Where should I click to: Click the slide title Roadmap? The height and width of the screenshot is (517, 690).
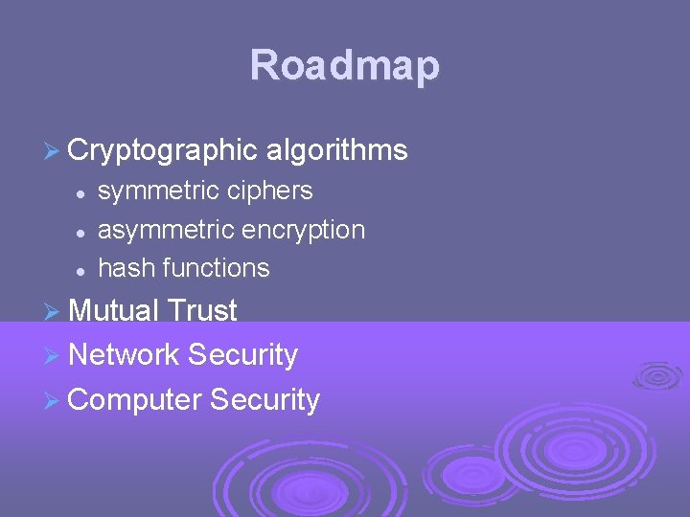345,66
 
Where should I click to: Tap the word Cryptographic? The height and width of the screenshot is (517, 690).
163,150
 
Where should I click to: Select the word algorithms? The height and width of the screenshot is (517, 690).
337,150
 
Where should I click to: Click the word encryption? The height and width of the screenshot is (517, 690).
303,230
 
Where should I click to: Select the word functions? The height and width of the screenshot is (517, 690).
217,268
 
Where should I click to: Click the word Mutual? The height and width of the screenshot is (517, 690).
113,310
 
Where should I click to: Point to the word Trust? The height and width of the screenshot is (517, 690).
201,310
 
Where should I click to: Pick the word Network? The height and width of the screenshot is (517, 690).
125,355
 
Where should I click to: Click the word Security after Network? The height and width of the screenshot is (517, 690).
242,355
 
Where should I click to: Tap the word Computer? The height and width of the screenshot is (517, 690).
135,399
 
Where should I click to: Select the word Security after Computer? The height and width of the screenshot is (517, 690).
264,399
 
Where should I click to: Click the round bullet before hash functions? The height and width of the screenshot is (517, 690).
83,270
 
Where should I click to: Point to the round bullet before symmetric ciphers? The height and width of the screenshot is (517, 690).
83,192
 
